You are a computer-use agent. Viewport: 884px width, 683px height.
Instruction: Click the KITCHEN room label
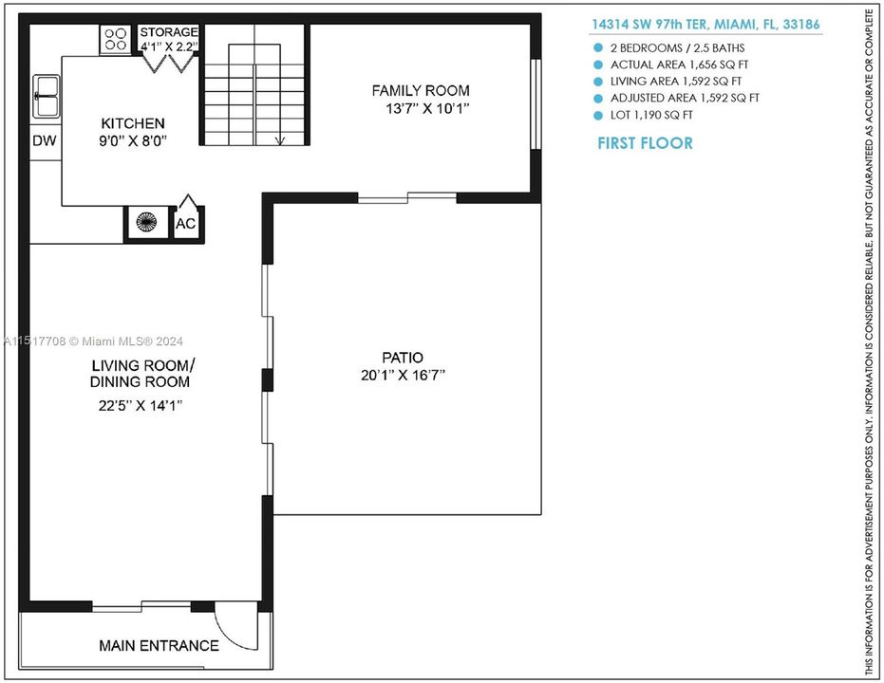(x=133, y=123)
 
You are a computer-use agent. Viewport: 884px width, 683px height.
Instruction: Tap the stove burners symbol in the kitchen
(x=115, y=40)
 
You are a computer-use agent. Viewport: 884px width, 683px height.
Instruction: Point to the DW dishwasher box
(x=44, y=140)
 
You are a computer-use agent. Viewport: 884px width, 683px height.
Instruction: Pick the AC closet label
(x=186, y=225)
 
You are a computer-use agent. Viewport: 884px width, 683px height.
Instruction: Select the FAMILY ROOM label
(x=420, y=91)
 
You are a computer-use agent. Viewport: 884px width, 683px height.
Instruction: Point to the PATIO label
(x=403, y=358)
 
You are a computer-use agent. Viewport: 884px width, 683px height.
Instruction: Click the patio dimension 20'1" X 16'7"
(x=403, y=375)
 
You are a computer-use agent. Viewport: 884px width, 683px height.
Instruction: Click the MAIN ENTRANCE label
(x=159, y=646)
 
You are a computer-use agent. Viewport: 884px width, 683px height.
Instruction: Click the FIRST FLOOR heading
(x=645, y=143)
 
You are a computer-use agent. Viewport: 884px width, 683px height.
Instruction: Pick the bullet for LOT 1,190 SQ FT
(x=598, y=115)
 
